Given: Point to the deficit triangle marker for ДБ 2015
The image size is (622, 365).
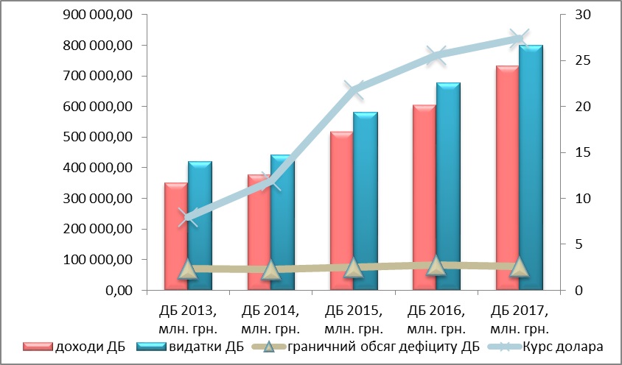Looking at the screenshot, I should point(354,268).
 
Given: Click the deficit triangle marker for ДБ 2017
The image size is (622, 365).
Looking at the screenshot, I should point(520,266).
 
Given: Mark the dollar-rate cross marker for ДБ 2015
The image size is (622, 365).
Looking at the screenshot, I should point(354,91).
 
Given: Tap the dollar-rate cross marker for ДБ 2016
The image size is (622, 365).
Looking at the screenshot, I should point(436,55).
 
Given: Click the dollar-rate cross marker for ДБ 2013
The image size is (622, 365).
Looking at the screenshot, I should point(188,217).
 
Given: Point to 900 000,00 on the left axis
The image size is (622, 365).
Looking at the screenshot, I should point(97,15).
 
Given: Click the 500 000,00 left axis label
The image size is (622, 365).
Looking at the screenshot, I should point(97,137).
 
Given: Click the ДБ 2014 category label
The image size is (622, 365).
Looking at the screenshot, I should point(270,317).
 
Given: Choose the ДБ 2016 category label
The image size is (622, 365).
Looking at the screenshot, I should point(436,317).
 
